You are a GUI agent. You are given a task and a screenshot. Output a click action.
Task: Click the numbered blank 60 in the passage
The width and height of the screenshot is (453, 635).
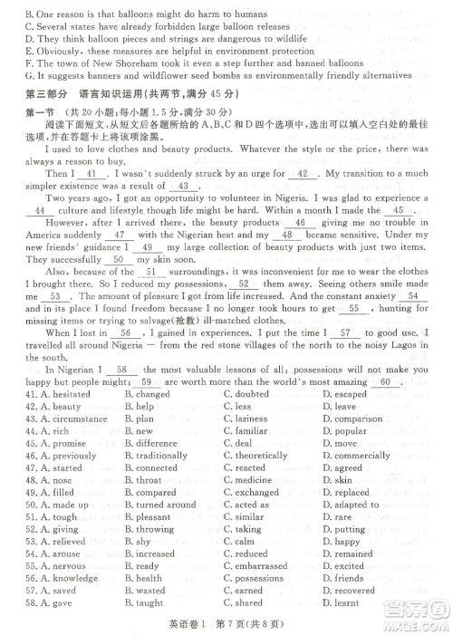(384, 382)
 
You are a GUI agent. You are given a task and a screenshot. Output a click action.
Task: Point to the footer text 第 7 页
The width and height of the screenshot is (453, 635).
(234, 622)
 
